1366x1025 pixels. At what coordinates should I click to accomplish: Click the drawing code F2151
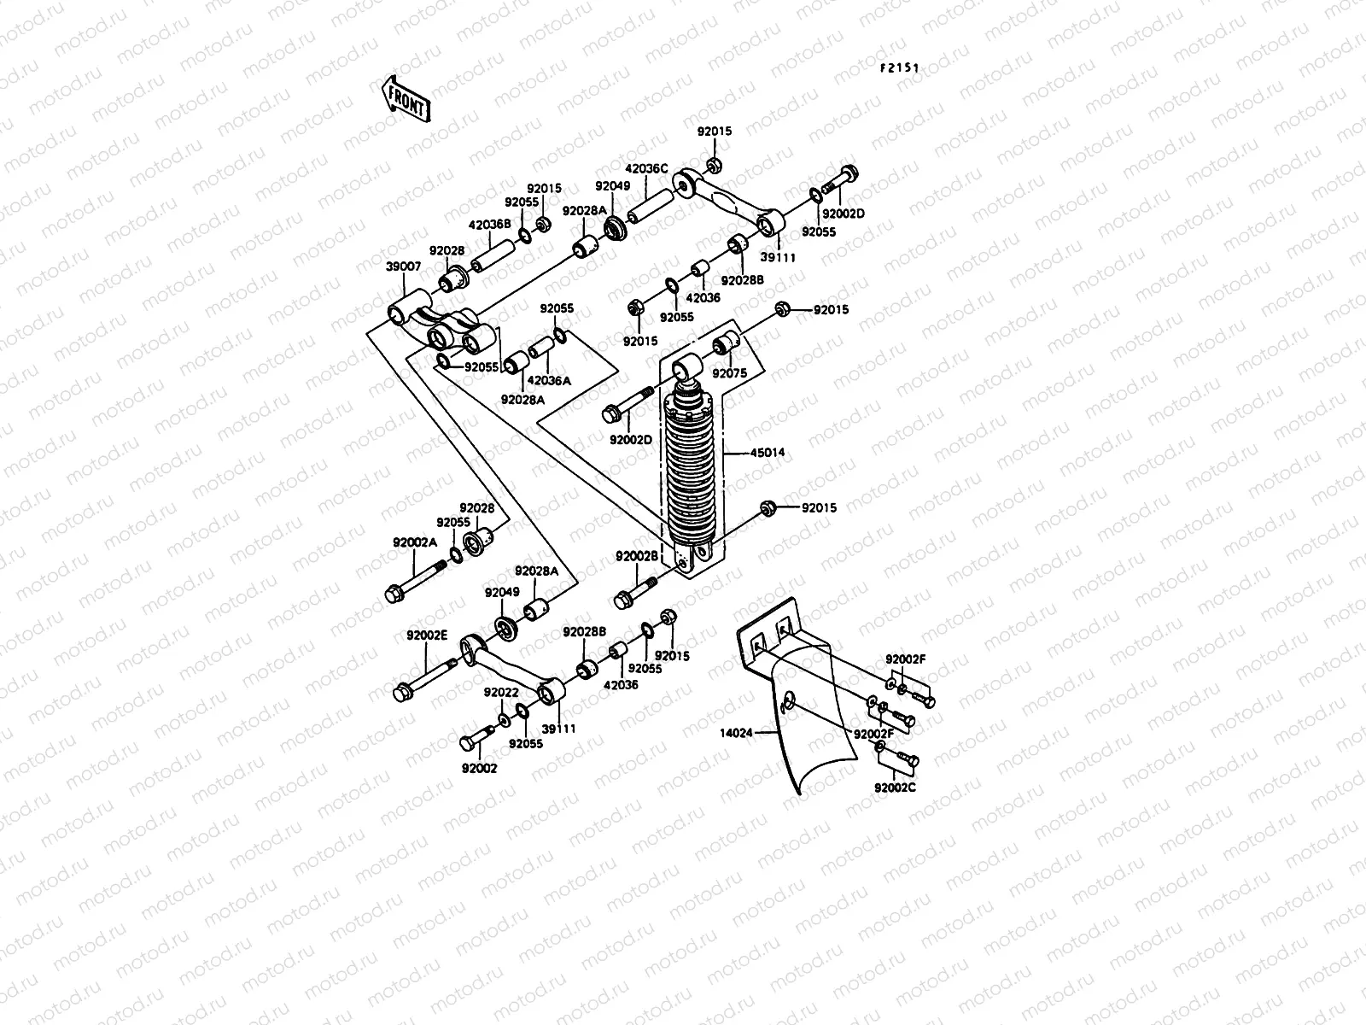point(900,67)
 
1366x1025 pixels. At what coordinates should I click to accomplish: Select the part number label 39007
point(403,267)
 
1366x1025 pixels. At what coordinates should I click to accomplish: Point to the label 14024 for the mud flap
point(737,732)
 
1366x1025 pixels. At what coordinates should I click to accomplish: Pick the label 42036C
point(647,169)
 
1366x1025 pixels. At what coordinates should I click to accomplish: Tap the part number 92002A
point(414,542)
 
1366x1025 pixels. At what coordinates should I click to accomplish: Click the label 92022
point(502,692)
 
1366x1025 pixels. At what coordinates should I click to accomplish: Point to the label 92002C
point(895,787)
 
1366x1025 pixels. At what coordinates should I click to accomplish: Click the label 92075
point(730,373)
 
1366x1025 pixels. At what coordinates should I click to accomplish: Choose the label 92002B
point(637,556)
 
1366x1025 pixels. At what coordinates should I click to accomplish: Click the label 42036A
point(548,381)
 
